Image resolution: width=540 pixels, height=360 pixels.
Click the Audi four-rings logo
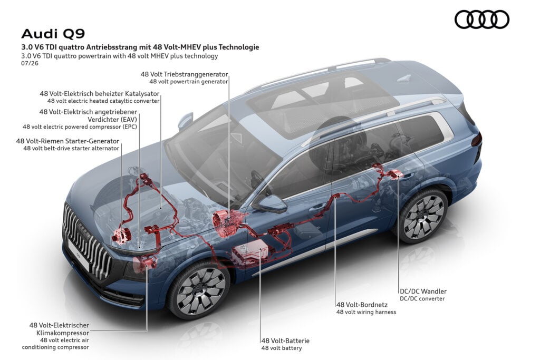(x=482, y=20)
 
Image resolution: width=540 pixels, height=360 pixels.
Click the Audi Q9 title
(x=53, y=34)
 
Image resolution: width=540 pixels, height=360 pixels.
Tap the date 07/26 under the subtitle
(x=30, y=63)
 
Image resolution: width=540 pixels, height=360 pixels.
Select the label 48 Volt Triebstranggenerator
(x=184, y=74)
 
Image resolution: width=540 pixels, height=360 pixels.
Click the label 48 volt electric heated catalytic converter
(x=103, y=101)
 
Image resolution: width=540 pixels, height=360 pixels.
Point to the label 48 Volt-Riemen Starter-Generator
(x=67, y=141)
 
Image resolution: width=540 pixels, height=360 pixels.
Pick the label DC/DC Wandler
(x=423, y=291)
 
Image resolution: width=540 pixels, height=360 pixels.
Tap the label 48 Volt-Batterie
(x=285, y=340)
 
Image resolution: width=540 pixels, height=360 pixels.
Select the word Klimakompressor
(x=63, y=333)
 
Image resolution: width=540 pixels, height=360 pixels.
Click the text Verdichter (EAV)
(x=112, y=120)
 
